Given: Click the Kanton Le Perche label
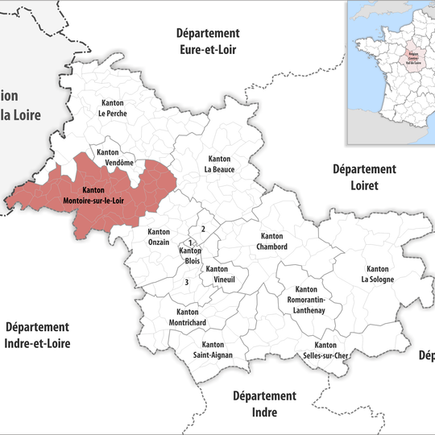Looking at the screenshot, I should point(113,108).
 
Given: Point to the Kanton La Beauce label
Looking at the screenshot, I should point(218,164).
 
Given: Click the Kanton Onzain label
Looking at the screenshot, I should point(159,237).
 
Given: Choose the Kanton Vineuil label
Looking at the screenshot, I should point(217,274).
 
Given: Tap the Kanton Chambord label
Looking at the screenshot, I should point(272,242).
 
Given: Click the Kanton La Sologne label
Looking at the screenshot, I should point(377,274).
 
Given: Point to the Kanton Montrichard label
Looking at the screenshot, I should point(187,317).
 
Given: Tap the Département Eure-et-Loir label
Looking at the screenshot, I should point(209,40).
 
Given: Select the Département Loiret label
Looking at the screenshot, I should point(364,176).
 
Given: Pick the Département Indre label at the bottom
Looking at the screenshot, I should point(265,404).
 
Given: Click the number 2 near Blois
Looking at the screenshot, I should point(203,230).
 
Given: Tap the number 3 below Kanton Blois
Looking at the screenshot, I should point(186,282).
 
